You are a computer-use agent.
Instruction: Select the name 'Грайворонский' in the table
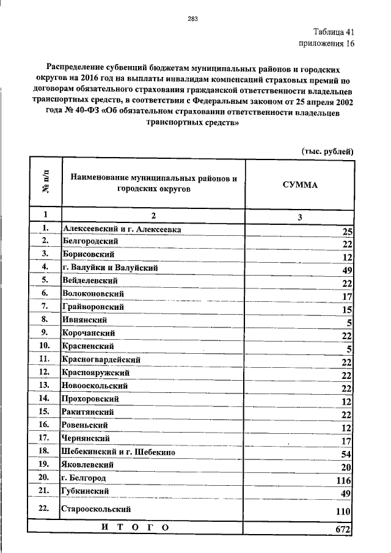point(93,306)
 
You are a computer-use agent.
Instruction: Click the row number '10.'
point(44,346)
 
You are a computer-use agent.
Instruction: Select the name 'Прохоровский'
point(90,399)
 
